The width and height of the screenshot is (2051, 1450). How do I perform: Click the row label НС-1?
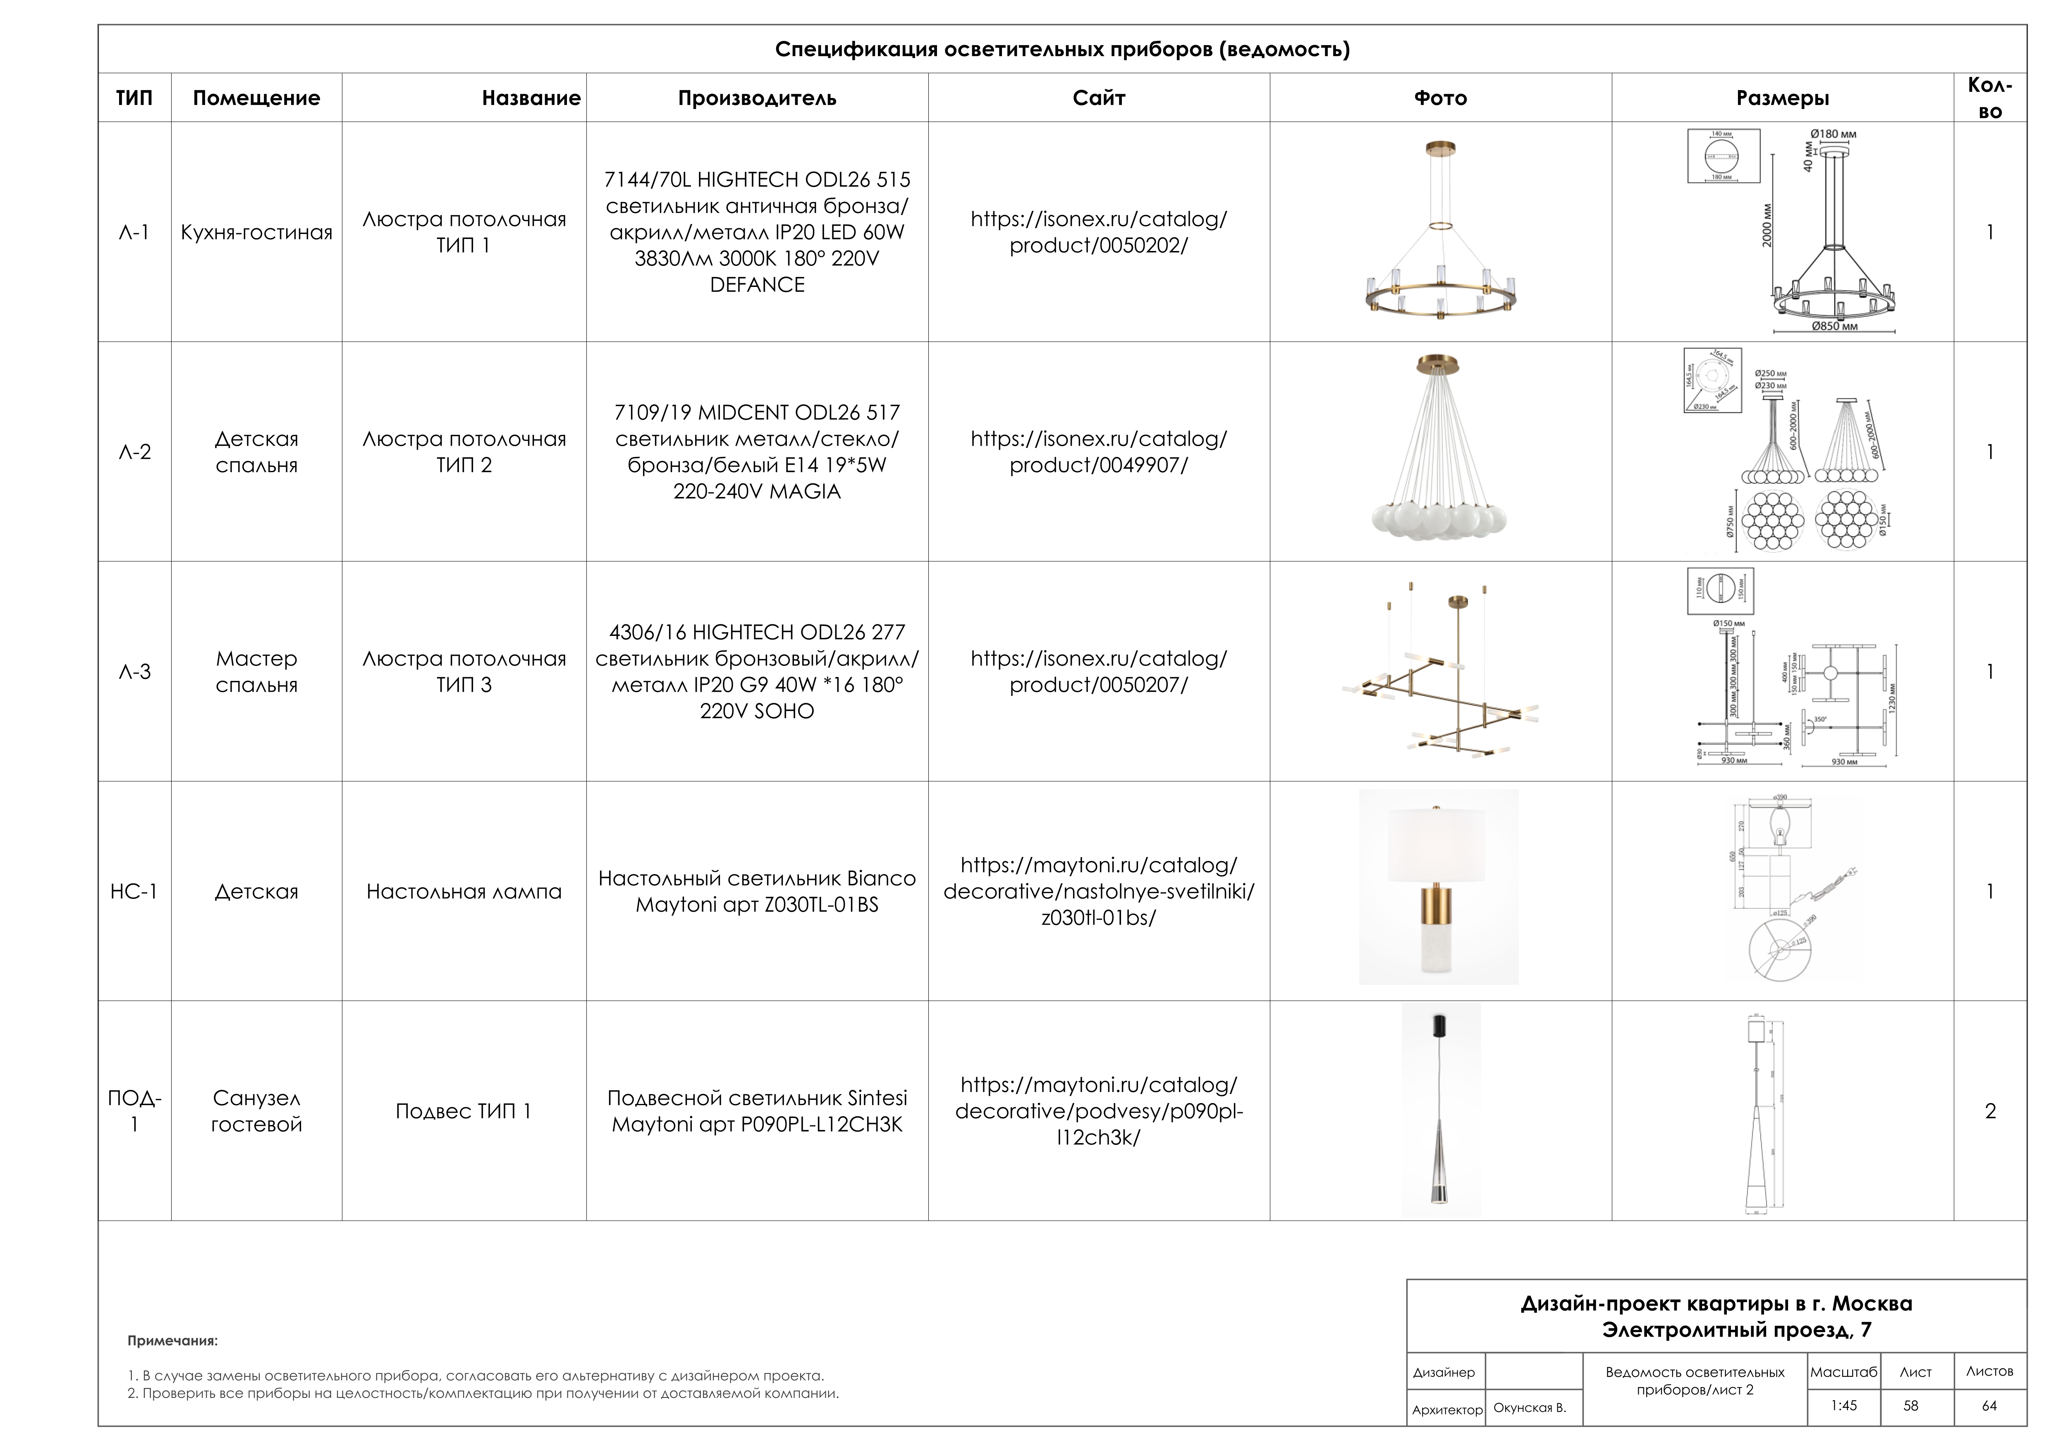coord(134,891)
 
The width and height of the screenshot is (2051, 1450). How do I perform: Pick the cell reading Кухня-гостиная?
coord(256,232)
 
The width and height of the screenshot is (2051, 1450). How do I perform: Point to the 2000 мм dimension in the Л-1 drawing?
coord(1766,225)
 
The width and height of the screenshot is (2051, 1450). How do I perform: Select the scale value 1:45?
coord(1843,1405)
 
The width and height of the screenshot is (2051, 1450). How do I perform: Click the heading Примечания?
coord(172,1341)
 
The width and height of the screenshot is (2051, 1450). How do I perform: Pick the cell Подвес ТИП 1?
coord(464,1111)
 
